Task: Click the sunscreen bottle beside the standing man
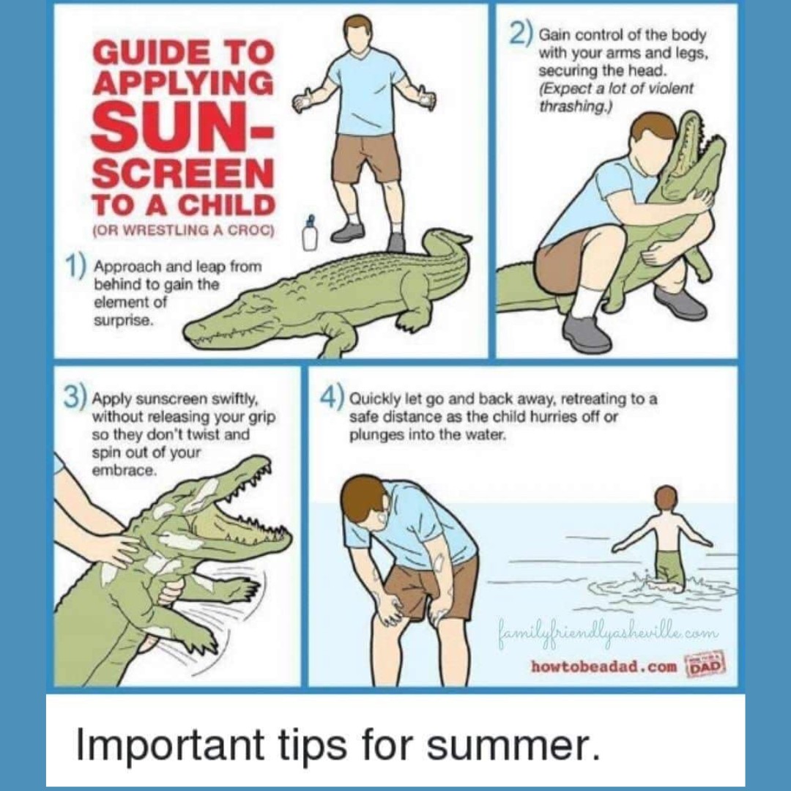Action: click(x=310, y=234)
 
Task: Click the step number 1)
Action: click(x=74, y=267)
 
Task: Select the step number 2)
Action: click(x=520, y=34)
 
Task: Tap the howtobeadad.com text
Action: click(x=604, y=666)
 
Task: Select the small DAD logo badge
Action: click(x=705, y=663)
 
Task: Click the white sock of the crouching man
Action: click(x=585, y=302)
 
